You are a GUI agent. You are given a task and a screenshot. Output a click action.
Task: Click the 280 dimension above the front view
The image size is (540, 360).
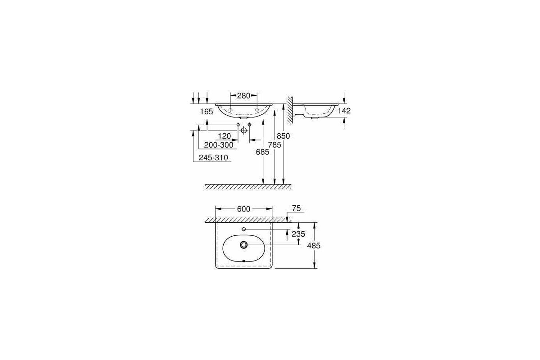244,95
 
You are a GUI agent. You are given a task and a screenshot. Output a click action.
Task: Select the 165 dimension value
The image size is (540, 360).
206,111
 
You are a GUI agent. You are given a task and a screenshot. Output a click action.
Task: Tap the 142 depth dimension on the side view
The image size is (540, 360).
344,111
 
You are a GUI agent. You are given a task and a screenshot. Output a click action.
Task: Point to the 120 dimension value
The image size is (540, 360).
224,136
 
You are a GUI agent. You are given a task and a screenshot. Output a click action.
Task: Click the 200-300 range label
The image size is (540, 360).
219,144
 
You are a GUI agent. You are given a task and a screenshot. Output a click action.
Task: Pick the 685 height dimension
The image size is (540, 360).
262,152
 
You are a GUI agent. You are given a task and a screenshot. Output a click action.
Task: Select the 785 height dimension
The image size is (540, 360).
274,144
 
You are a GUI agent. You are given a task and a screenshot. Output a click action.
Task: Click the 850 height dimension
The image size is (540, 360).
283,135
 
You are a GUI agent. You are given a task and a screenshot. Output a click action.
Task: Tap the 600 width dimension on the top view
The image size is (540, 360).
244,209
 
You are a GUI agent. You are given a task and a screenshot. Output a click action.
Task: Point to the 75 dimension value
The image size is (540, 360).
297,209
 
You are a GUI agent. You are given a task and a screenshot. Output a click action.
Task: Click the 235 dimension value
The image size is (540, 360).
298,234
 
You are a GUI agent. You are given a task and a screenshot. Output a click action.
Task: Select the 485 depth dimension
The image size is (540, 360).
313,245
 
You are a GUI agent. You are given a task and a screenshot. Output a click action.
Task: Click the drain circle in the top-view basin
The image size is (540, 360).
243,245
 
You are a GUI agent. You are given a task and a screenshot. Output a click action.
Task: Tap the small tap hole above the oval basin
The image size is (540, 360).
243,229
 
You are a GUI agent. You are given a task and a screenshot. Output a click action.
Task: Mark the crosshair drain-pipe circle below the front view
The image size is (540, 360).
243,130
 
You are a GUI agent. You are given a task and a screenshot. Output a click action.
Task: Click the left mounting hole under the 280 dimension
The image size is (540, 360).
230,109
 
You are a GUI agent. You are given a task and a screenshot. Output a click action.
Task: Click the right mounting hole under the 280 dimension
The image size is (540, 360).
257,109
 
